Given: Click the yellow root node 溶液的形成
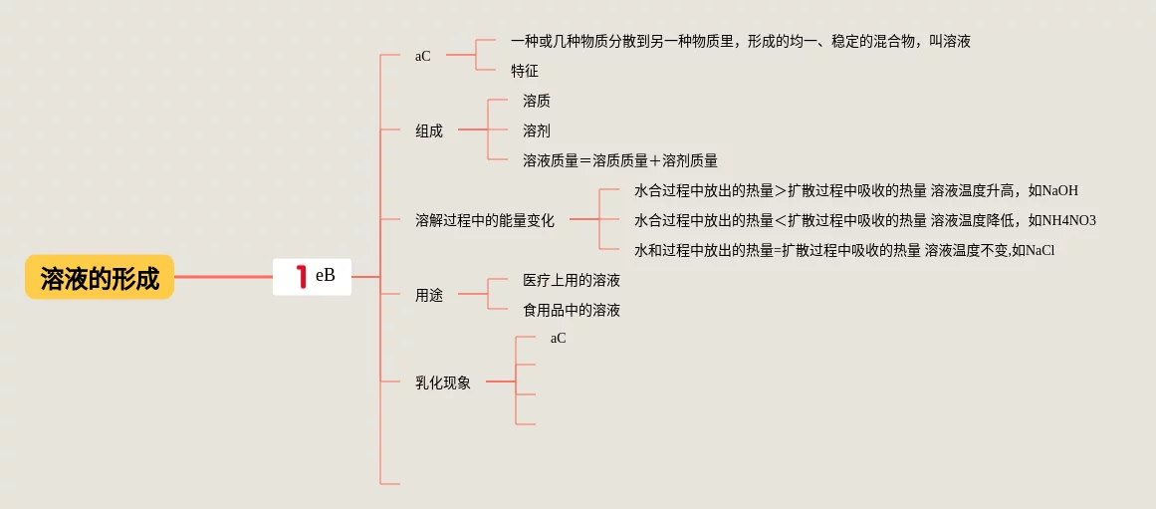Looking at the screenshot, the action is click(100, 277).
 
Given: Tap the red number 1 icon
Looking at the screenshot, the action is click(301, 277).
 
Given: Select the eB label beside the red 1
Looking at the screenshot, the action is click(326, 276).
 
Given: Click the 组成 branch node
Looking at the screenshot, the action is click(429, 130).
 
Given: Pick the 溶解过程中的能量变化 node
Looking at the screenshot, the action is click(485, 220).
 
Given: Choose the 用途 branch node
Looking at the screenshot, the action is click(429, 295).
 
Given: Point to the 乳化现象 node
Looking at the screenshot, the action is click(443, 382).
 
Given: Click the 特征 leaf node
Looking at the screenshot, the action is click(525, 71).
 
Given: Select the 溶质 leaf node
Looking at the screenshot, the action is click(537, 101).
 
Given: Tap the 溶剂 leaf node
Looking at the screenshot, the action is click(537, 130).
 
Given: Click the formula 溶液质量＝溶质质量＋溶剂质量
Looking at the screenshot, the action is click(620, 160).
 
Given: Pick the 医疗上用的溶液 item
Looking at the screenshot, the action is click(572, 280).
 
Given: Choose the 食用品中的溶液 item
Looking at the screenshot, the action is click(572, 310).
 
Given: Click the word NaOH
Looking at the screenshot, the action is click(1060, 190).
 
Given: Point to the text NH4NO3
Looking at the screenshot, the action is click(1069, 220).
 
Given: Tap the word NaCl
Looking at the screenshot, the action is click(1040, 250).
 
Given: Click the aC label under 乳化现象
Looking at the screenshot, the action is click(558, 338).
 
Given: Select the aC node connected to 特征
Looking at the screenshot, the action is click(423, 56).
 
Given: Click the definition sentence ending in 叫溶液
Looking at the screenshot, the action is click(740, 41).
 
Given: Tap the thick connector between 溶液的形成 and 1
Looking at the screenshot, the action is click(223, 276).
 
